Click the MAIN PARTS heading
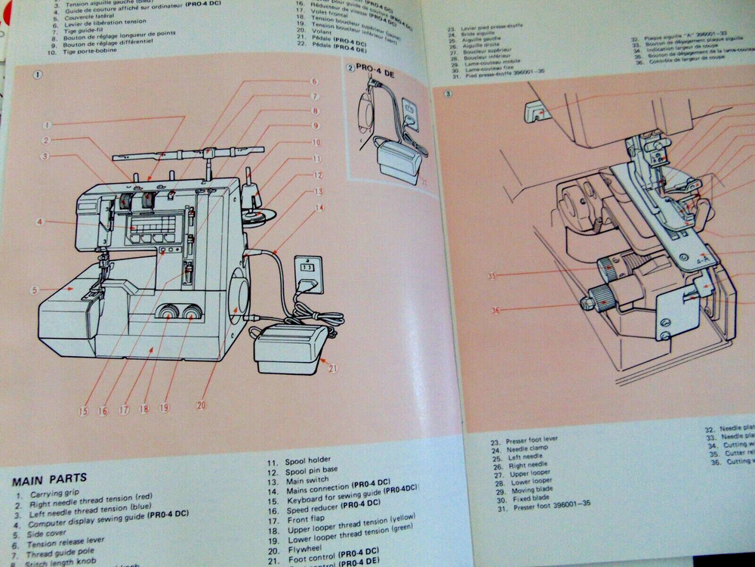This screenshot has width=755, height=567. (49, 478)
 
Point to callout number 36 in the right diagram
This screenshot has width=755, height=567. (495, 308)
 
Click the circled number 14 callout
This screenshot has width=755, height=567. (319, 207)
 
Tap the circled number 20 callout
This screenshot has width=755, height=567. (201, 405)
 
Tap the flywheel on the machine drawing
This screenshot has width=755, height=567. (238, 295)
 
